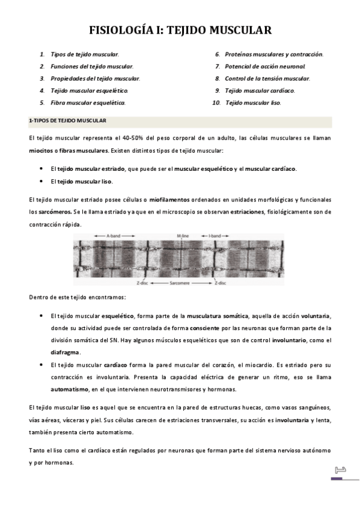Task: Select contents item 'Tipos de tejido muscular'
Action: (85, 54)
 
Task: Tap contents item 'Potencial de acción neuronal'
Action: (265, 66)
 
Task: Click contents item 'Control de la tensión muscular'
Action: (267, 79)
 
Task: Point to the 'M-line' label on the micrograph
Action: (184, 236)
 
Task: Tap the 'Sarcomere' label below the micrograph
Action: (180, 281)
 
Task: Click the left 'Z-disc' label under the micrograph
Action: (142, 281)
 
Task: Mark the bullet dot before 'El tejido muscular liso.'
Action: (40, 182)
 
